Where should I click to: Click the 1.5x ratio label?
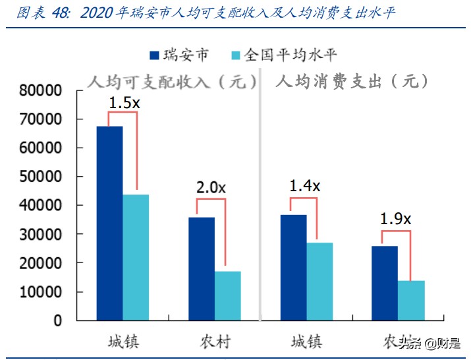[x=124, y=103]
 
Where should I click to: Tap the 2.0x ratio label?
[x=211, y=188]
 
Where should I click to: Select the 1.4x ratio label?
[x=304, y=186]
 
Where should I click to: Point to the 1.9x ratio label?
[x=395, y=219]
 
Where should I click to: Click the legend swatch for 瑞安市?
[x=155, y=55]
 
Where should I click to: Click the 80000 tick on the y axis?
[x=40, y=91]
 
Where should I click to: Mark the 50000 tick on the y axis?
[x=40, y=177]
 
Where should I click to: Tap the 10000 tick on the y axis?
[x=40, y=292]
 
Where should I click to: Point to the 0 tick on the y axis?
[x=57, y=321]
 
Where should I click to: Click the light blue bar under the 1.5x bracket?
[x=136, y=257]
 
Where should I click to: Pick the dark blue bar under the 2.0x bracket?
[x=202, y=268]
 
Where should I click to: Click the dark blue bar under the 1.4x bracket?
[x=293, y=267]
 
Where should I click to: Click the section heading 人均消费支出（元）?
[x=352, y=82]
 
